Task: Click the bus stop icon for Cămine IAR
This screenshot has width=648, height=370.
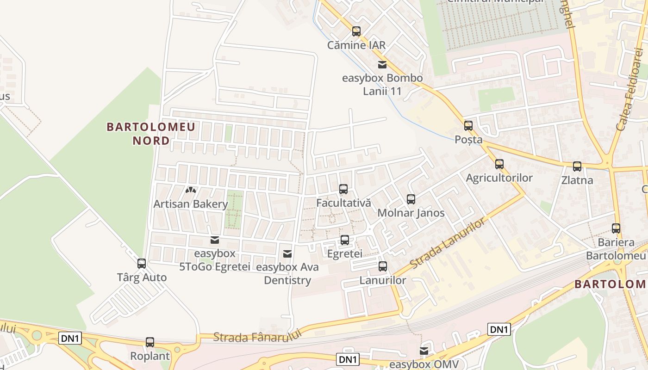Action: coord(356,31)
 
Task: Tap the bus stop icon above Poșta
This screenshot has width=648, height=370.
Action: coord(468,125)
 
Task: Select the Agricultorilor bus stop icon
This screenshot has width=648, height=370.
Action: coord(499,164)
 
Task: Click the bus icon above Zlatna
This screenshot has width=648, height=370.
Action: coord(577,166)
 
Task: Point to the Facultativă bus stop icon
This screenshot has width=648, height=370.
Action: coord(343,189)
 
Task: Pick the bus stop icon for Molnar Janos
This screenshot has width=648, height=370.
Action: coord(411,199)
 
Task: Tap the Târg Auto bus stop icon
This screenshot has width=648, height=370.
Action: coord(142,264)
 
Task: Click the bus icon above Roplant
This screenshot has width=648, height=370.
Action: coord(150,342)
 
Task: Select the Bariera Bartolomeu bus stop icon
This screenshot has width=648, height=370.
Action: coord(616,228)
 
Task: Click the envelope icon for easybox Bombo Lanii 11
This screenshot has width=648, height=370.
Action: coord(382,64)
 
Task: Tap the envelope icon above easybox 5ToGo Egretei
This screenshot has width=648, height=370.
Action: coord(214,240)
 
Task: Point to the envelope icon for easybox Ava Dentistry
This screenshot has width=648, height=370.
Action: coord(287,253)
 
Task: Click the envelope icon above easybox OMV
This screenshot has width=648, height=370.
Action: coord(424,351)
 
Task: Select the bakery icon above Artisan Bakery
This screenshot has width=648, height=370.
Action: coord(191,190)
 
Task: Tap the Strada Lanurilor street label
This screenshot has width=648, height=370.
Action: coord(448,243)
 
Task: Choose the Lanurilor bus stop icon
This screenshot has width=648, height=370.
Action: coord(382,266)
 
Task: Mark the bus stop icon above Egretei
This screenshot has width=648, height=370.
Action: coord(344,240)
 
